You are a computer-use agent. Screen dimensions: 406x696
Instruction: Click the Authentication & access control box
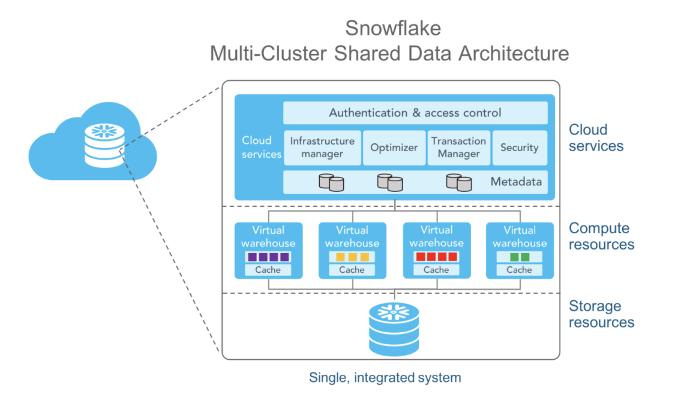[415, 113]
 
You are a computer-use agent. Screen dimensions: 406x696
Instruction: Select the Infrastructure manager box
[322, 148]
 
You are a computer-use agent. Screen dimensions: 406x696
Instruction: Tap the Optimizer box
[394, 148]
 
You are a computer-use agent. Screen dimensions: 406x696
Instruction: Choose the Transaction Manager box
[458, 148]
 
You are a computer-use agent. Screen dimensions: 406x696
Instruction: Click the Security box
[519, 148]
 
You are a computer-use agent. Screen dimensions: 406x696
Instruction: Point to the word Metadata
[515, 182]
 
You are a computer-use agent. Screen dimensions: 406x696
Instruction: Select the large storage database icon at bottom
[394, 329]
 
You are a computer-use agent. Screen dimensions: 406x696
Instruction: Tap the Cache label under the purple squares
[268, 270]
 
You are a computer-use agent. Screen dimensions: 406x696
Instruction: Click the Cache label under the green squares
[519, 270]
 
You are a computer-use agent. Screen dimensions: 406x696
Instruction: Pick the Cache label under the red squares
[436, 270]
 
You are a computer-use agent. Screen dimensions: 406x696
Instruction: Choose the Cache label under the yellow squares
[352, 270]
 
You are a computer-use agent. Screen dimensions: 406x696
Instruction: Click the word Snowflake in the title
[392, 28]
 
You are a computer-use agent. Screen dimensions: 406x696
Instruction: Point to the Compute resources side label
[601, 236]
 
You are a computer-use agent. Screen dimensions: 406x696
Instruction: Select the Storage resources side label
[601, 314]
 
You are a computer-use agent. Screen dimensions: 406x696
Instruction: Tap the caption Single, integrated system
[385, 378]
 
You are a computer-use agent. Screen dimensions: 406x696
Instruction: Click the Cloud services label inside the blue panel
[261, 147]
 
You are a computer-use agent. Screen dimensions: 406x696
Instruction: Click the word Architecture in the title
[513, 53]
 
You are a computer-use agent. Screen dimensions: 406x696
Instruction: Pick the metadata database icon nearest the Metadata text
[459, 182]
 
